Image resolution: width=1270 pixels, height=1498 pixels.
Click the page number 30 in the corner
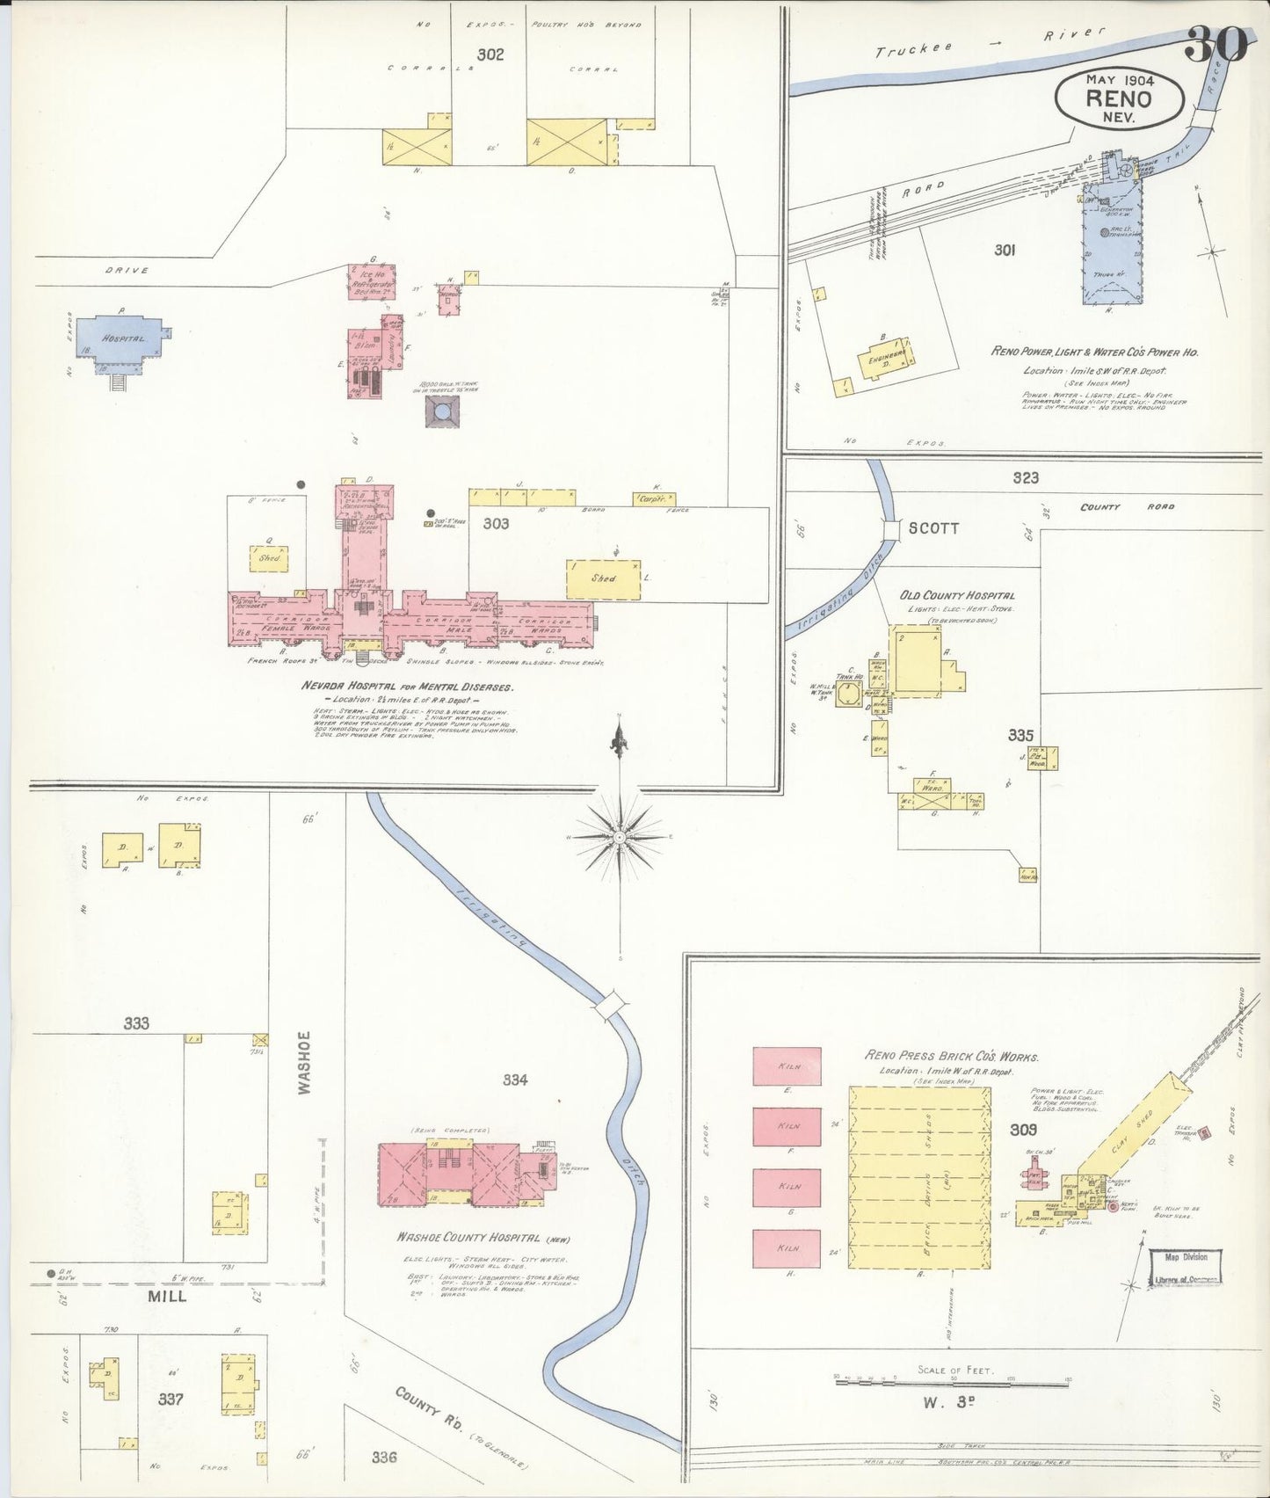tap(1216, 43)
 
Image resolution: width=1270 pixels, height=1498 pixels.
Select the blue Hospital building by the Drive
tap(120, 338)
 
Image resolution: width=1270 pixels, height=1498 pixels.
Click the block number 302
tap(490, 55)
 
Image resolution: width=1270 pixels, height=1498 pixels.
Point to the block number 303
tap(496, 524)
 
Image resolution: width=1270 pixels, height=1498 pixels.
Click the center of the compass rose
tap(620, 838)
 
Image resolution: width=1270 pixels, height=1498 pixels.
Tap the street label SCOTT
tap(933, 528)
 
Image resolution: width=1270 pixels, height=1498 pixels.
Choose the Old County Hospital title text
tap(956, 595)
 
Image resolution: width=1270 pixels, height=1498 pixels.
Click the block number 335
tap(1020, 735)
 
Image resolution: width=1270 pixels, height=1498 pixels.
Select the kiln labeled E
tap(787, 1066)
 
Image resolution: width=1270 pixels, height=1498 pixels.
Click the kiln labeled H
tap(787, 1248)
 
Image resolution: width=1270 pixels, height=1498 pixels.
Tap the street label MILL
tap(166, 1296)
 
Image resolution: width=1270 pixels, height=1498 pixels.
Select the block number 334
tap(515, 1080)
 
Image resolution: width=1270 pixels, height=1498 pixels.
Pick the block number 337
tap(171, 1398)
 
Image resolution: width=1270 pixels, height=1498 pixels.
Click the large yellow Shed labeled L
tap(603, 579)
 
